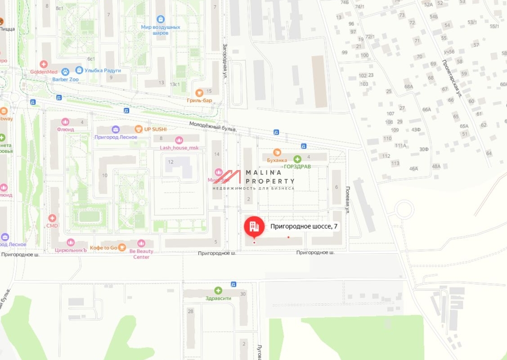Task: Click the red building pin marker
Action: tap(254, 226)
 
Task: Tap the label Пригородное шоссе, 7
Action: tap(304, 227)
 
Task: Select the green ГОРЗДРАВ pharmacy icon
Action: tap(297, 159)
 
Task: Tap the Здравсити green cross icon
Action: tap(218, 291)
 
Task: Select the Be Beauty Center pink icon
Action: tap(141, 243)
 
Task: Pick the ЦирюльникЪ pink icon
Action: tap(70, 243)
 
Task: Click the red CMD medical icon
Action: tap(52, 218)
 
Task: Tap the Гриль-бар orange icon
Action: tap(199, 92)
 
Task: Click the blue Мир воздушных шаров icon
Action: tap(161, 19)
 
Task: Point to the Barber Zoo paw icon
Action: tap(65, 72)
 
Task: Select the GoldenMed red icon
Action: tap(43, 64)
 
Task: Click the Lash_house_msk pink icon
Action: tap(179, 140)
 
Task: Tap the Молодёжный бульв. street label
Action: tap(213, 127)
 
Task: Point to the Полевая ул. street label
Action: tap(347, 201)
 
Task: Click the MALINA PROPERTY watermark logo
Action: tap(254, 179)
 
